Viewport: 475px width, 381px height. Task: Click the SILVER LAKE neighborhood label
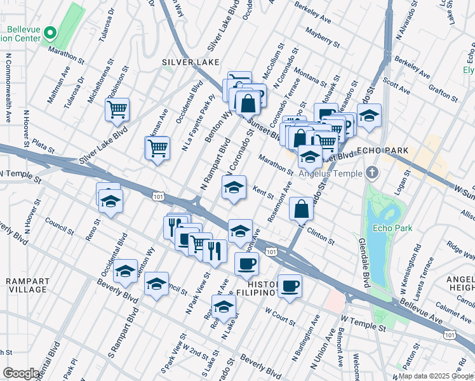[191, 62]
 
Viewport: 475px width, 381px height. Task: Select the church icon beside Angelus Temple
[372, 173]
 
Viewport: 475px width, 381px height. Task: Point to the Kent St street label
[263, 192]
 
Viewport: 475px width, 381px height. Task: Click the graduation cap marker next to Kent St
[234, 188]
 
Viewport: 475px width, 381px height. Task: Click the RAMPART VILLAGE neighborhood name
[26, 284]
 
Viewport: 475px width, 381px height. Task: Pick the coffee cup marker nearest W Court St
[290, 286]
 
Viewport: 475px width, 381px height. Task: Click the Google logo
[21, 373]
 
